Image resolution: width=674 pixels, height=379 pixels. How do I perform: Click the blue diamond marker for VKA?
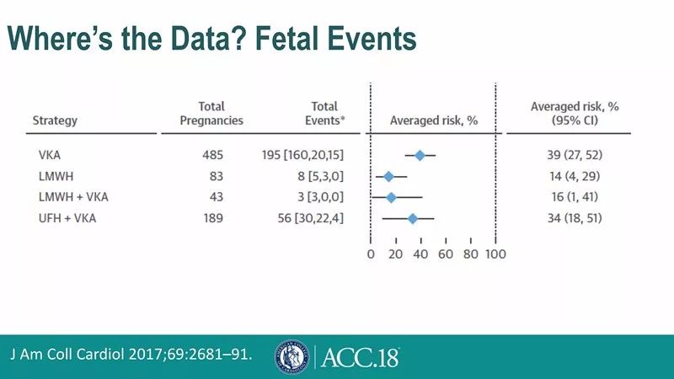[x=420, y=155]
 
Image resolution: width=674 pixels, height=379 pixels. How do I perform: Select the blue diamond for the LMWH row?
[x=388, y=176]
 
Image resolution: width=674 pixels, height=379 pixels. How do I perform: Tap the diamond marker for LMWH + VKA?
[x=391, y=197]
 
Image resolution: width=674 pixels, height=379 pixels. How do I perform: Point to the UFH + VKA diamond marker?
[x=413, y=218]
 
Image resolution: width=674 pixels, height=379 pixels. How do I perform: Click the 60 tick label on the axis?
[x=446, y=254]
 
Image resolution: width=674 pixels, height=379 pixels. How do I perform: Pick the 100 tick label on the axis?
[x=495, y=254]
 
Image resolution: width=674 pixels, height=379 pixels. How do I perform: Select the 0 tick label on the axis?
[x=371, y=254]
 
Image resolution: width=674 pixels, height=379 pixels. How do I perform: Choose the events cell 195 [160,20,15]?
[x=302, y=155]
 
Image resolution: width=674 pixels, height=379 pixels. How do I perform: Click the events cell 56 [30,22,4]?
[x=306, y=218]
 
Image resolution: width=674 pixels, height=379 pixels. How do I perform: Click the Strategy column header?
[x=55, y=120]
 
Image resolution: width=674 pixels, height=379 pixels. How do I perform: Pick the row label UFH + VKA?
[x=64, y=218]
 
